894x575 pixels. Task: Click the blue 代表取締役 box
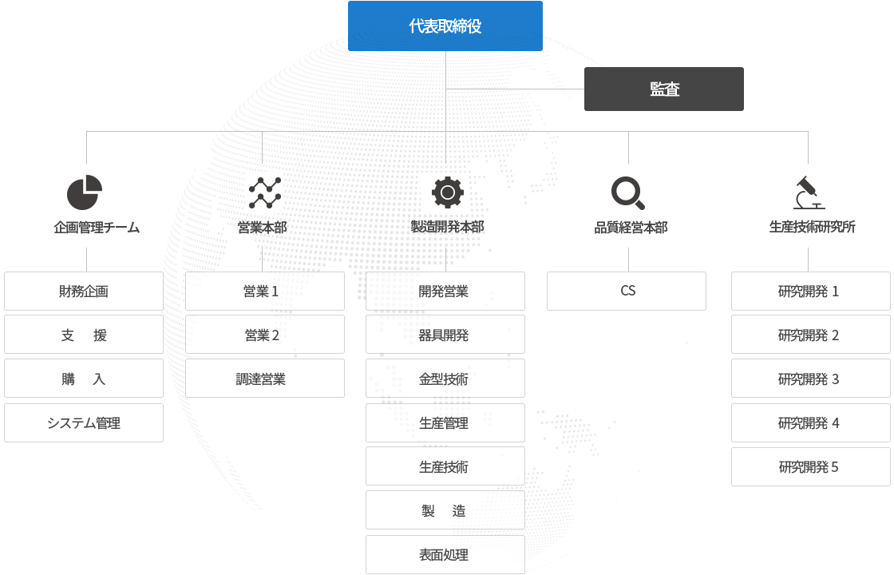pyautogui.click(x=445, y=26)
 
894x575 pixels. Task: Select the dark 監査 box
pyautogui.click(x=663, y=89)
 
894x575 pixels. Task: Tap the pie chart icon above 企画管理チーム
pyautogui.click(x=85, y=192)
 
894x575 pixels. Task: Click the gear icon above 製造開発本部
pyautogui.click(x=448, y=192)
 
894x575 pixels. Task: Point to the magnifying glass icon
pyautogui.click(x=627, y=192)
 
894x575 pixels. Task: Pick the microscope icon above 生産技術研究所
pyautogui.click(x=809, y=192)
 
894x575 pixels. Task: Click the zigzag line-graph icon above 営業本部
pyautogui.click(x=264, y=192)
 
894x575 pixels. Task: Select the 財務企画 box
pyautogui.click(x=84, y=291)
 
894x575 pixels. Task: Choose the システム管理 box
pyautogui.click(x=84, y=423)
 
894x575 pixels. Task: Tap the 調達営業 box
pyautogui.click(x=264, y=379)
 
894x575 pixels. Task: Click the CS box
pyautogui.click(x=627, y=291)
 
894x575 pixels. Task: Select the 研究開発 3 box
pyautogui.click(x=811, y=379)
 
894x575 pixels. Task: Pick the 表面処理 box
pyautogui.click(x=445, y=554)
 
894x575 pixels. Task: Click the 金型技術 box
pyautogui.click(x=445, y=379)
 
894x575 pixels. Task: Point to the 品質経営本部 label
pyautogui.click(x=631, y=228)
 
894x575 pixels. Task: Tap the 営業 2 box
pyautogui.click(x=264, y=335)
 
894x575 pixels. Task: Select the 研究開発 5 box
pyautogui.click(x=811, y=466)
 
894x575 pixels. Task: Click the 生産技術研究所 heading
pyautogui.click(x=812, y=227)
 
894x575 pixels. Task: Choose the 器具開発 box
pyautogui.click(x=445, y=335)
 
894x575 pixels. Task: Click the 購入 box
pyautogui.click(x=84, y=379)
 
